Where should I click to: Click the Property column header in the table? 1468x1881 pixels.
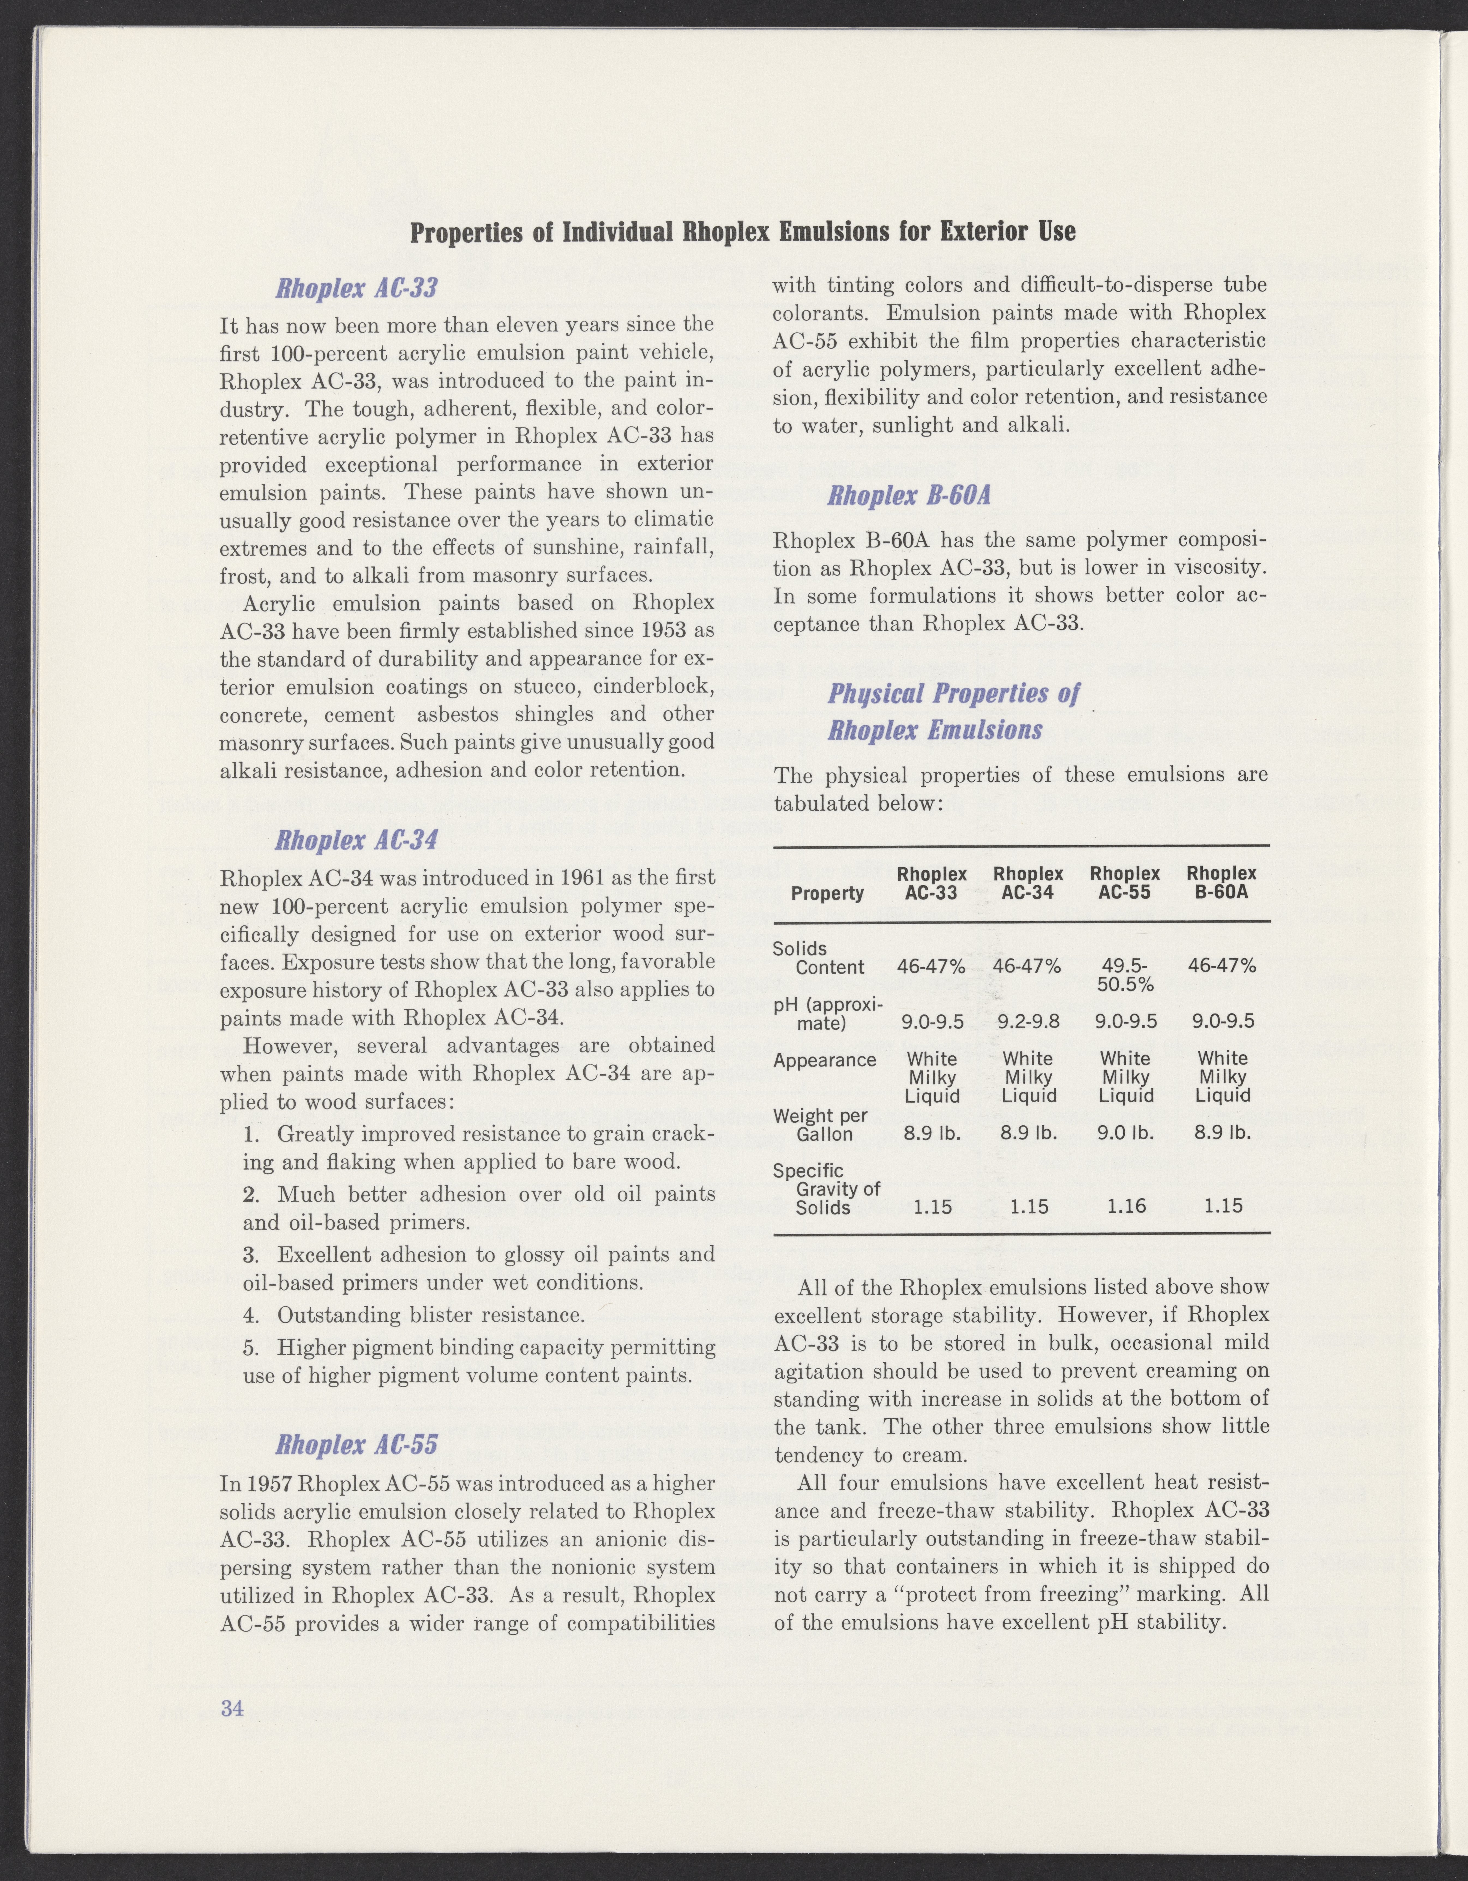click(827, 893)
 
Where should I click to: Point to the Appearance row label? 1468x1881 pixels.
click(824, 1060)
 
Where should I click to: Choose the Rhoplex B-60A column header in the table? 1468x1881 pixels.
click(1222, 883)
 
